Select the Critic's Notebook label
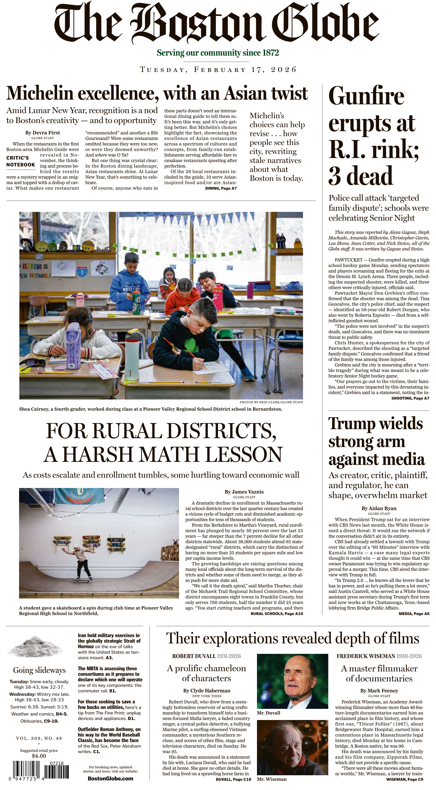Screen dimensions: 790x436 [x=20, y=161]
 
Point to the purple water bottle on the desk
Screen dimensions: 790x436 [x=73, y=341]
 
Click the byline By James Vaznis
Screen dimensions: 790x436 [x=244, y=492]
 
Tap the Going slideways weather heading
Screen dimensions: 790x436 [x=39, y=670]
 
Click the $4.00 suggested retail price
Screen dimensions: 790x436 [x=39, y=756]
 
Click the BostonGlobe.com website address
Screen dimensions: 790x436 [x=110, y=778]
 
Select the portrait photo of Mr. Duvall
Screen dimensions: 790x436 [x=292, y=681]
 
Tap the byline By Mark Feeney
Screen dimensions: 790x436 [x=379, y=691]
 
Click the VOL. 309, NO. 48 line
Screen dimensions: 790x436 [x=39, y=738]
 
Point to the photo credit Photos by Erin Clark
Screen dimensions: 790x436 [x=271, y=402]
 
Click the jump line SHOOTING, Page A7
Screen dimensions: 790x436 [x=410, y=398]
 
